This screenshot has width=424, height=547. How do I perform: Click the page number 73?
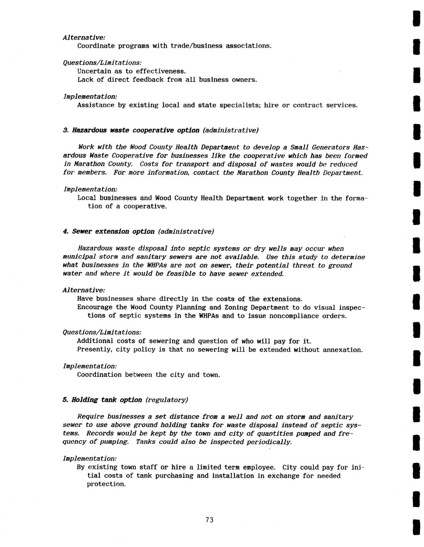coord(209,520)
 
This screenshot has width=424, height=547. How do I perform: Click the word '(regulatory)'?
coord(167,400)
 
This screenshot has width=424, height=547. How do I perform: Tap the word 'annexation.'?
coord(343,350)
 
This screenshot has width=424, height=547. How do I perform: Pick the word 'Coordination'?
coord(99,375)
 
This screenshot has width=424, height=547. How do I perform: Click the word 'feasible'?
coord(181,273)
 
